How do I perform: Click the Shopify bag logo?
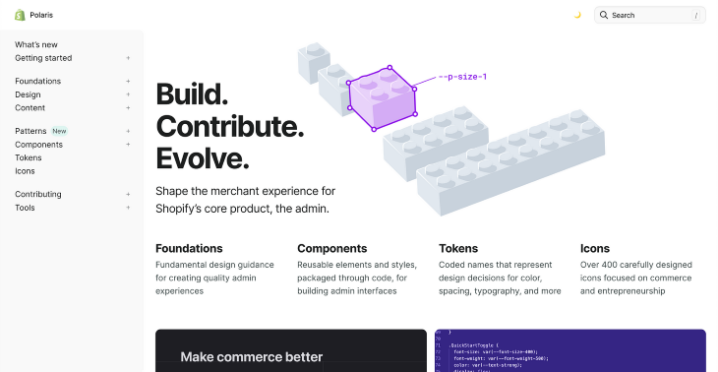pos(20,15)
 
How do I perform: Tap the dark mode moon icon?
pos(577,15)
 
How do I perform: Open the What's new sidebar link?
pos(36,44)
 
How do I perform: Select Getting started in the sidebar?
pos(43,58)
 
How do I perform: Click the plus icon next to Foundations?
pos(128,82)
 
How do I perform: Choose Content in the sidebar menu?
pos(30,108)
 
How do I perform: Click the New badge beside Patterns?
pos(59,131)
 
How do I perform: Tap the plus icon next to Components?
pos(128,145)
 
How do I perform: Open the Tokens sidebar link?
pos(29,157)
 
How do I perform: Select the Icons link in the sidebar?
pos(25,171)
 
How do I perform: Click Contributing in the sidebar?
pos(38,194)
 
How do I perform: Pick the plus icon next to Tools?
pos(128,208)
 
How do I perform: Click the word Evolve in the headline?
pos(202,157)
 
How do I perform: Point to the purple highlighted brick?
pos(382,98)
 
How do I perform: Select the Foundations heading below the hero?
pos(189,248)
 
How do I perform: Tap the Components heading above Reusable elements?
pos(331,248)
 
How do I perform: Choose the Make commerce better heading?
pos(251,356)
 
